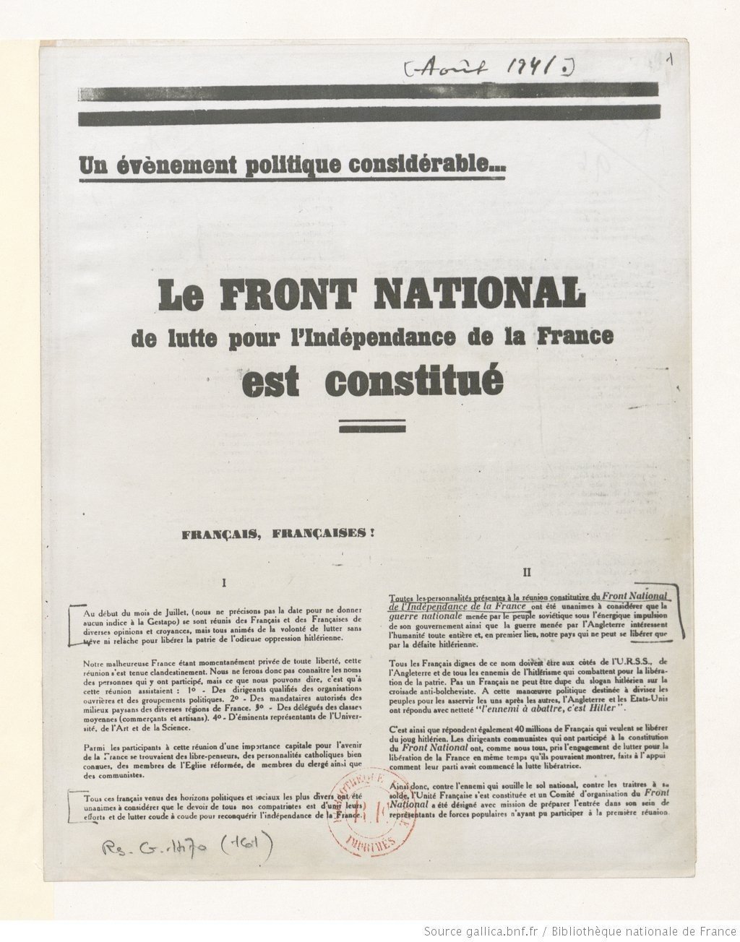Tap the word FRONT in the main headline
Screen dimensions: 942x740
click(284, 295)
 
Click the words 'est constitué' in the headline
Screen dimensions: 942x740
click(372, 381)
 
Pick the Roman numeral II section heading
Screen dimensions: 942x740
click(528, 572)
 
